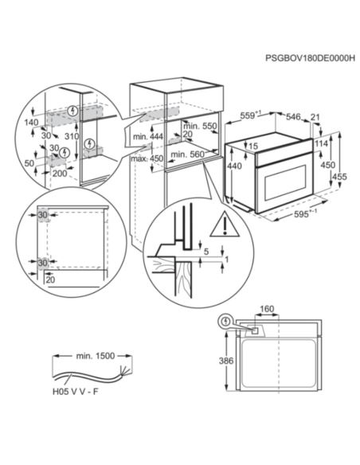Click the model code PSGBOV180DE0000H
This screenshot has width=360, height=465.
[310, 57]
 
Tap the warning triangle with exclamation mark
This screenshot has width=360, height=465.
[225, 225]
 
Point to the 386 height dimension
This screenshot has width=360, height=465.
[226, 361]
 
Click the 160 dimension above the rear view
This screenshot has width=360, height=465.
[267, 309]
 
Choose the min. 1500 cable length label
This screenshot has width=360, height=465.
[96, 356]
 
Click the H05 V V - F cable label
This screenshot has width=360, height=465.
[76, 392]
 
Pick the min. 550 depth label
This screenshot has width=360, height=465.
[200, 126]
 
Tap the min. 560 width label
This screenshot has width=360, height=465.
[188, 154]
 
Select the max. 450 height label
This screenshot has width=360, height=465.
[147, 158]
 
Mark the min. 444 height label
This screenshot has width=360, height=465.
[148, 137]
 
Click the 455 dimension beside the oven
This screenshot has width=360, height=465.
[339, 177]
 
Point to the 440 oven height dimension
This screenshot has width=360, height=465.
[234, 166]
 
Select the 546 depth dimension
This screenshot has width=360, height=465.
[293, 116]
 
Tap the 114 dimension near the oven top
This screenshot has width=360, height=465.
[322, 143]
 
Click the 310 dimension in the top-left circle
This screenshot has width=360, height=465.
[72, 136]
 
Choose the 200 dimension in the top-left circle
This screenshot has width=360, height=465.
[60, 174]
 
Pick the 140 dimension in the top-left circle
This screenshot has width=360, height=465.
[31, 122]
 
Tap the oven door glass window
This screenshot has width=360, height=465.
[285, 182]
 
